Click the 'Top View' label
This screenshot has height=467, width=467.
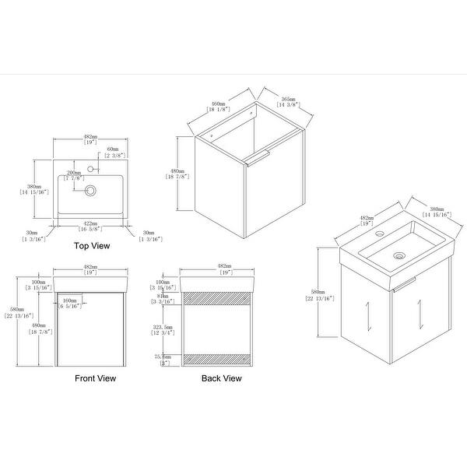tap(91, 246)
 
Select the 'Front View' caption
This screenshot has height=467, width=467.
tap(95, 378)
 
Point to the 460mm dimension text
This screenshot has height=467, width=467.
tap(219, 104)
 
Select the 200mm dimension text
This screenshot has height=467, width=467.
tap(74, 171)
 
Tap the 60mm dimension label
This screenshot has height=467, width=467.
tap(112, 149)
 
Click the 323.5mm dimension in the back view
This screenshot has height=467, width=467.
tap(163, 328)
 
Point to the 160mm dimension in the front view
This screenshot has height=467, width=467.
tap(70, 300)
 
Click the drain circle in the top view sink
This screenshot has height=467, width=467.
tap(91, 190)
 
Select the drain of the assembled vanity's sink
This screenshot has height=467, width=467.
tap(400, 254)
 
